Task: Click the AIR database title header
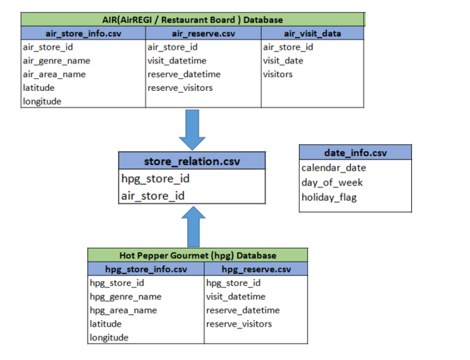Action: point(193,20)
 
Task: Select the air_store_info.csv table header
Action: point(83,33)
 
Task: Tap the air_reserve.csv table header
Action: point(203,33)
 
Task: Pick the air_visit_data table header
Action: point(312,33)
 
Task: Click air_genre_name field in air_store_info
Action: point(57,60)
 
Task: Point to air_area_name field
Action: point(54,74)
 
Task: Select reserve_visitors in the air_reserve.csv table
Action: point(180,88)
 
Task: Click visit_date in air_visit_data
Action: point(283,60)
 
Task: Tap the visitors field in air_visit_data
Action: point(278,74)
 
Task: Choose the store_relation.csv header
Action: point(192,162)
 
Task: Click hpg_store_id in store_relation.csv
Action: point(155,178)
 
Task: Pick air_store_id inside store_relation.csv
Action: point(153,195)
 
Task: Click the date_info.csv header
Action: point(355,153)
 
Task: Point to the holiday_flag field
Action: point(329,197)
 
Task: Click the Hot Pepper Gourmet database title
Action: point(198,255)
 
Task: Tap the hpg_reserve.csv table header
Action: point(256,269)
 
